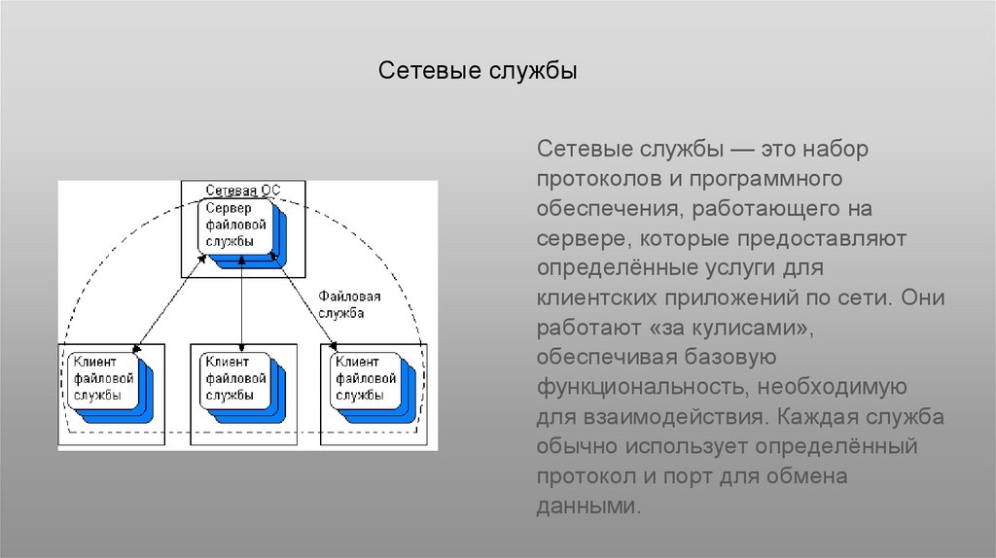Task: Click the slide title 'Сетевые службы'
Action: pyautogui.click(x=478, y=72)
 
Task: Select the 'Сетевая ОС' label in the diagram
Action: pyautogui.click(x=242, y=190)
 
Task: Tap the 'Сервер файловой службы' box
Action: pyautogui.click(x=232, y=225)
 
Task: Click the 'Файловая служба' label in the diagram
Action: pyautogui.click(x=349, y=304)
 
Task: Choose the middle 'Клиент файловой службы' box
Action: pyautogui.click(x=233, y=377)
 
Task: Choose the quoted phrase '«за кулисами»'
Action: pyautogui.click(x=727, y=328)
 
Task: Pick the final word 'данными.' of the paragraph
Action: pyautogui.click(x=589, y=506)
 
